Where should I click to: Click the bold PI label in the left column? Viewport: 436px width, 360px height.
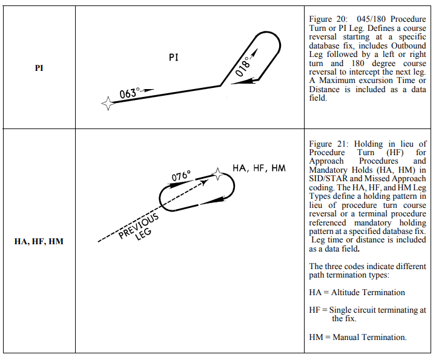click(x=39, y=68)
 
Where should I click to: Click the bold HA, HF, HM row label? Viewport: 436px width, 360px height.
click(x=39, y=241)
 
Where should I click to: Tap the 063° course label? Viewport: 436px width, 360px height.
click(x=130, y=93)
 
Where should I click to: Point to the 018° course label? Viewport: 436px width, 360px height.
click(x=243, y=66)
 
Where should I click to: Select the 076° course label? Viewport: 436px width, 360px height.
click(x=181, y=176)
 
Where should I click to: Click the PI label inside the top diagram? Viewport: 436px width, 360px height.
click(x=174, y=58)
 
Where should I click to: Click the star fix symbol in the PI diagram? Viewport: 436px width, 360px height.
click(x=108, y=104)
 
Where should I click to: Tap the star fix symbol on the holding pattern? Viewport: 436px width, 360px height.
click(x=217, y=174)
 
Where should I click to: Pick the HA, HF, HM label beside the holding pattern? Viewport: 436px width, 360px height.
click(x=259, y=168)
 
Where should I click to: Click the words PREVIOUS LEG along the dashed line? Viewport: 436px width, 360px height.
click(x=139, y=227)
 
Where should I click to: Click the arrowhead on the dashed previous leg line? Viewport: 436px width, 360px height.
click(x=205, y=182)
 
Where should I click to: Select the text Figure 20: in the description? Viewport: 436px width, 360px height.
click(x=328, y=19)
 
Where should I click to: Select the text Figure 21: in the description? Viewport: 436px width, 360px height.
click(x=329, y=144)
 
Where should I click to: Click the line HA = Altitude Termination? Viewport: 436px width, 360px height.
click(x=357, y=292)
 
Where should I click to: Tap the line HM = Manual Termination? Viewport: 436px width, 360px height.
click(x=358, y=337)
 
